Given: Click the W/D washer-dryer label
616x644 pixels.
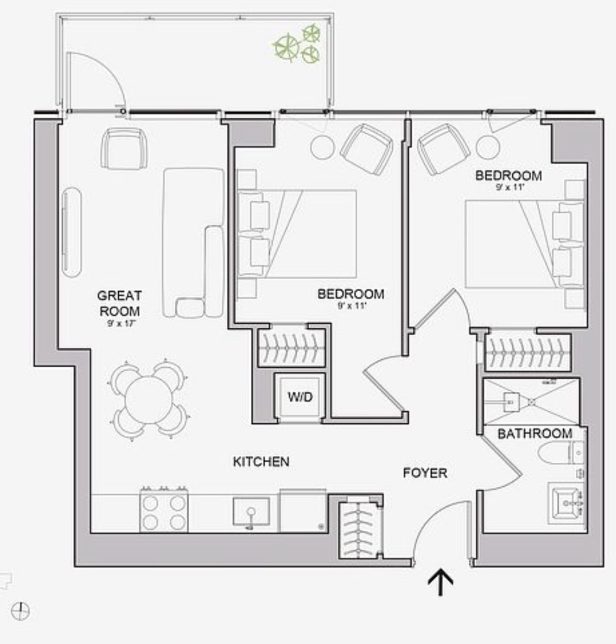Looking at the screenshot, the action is coord(300,397).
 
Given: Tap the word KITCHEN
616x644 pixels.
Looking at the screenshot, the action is coord(261,462).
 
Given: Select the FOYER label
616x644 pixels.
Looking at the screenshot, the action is coord(425,473).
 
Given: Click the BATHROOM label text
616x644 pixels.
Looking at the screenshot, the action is coord(535,434).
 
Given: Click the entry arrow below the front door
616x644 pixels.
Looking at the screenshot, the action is coord(441,582).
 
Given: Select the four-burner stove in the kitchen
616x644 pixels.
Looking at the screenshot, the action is coord(164,511).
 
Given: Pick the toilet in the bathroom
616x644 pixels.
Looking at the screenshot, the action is coord(561,452).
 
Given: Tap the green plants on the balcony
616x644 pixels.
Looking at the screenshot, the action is coord(297,43).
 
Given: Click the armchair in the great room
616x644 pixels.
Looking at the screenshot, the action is coord(124,148).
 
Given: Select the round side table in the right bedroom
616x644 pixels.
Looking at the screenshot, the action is coord(488,147).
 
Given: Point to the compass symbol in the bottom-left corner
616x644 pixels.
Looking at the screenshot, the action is coord(20,611).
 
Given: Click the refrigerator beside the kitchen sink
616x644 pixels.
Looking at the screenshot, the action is coord(303,511).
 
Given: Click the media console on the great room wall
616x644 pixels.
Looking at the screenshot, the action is coord(72,232).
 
